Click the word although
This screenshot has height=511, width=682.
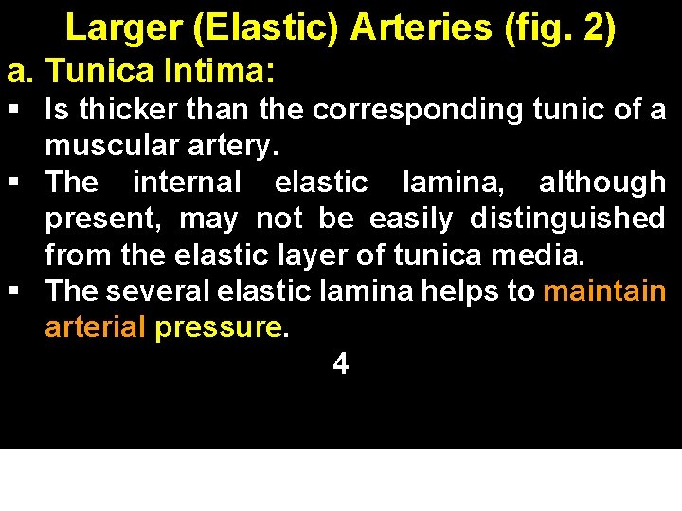(x=601, y=183)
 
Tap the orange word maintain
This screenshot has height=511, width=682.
(x=604, y=291)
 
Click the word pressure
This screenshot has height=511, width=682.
(x=219, y=328)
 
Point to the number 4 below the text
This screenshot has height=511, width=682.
(x=341, y=364)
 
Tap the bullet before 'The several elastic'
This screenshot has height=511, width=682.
(x=16, y=291)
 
